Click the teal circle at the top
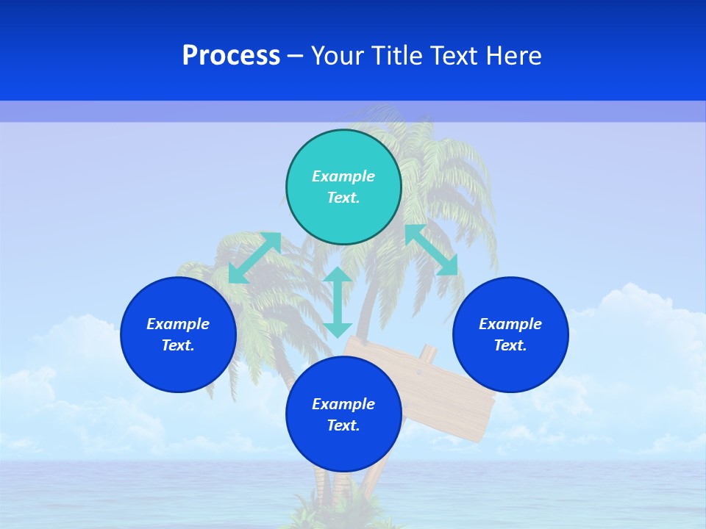(343, 187)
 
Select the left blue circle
(178, 334)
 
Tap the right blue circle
(510, 334)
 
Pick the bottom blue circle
(343, 414)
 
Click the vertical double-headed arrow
(338, 302)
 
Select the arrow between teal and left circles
(254, 257)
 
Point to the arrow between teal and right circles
(431, 250)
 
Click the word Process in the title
(231, 56)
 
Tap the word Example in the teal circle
(343, 176)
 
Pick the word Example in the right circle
(510, 324)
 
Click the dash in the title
(295, 56)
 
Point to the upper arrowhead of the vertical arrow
(338, 275)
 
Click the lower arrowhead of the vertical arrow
(338, 329)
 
